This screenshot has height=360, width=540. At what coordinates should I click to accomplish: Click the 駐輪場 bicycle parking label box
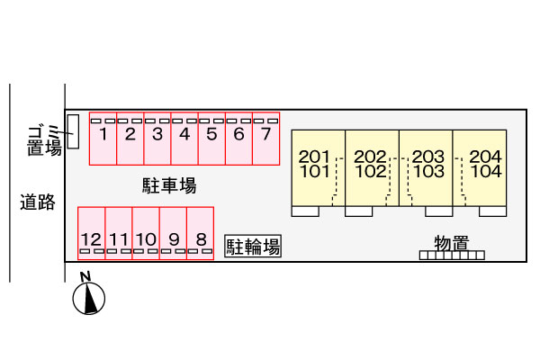(x=253, y=246)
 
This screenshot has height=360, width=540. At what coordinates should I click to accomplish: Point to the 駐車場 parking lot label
(x=168, y=186)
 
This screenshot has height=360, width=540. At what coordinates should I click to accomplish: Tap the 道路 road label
(x=38, y=202)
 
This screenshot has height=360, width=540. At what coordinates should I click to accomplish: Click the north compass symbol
(x=89, y=297)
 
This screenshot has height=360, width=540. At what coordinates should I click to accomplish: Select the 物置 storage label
(x=451, y=242)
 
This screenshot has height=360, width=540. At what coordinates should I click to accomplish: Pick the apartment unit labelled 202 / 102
(x=371, y=167)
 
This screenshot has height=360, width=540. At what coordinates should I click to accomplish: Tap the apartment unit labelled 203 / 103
(x=425, y=167)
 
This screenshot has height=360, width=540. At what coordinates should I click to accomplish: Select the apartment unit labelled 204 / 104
(x=480, y=167)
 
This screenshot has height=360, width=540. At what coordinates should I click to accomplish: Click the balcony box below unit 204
(x=492, y=212)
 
